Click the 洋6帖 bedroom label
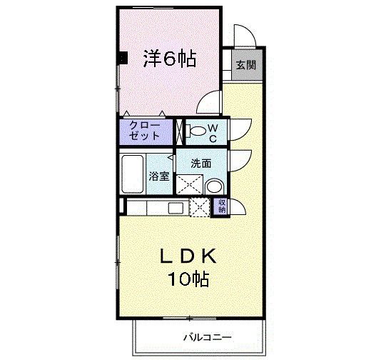(169, 59)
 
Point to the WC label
(212, 131)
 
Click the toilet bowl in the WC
(194, 131)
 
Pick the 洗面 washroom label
(200, 163)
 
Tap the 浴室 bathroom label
(158, 176)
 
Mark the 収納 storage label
(222, 206)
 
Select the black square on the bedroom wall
(123, 58)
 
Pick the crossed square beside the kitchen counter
(200, 207)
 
